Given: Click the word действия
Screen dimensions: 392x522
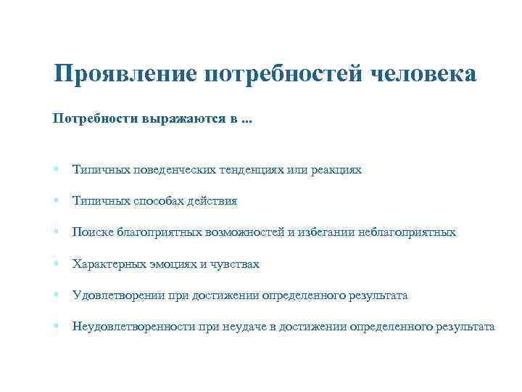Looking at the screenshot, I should (212, 201).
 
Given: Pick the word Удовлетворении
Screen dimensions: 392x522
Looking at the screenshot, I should (114, 295).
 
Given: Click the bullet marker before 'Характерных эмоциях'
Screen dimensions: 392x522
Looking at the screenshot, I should (56, 264).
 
